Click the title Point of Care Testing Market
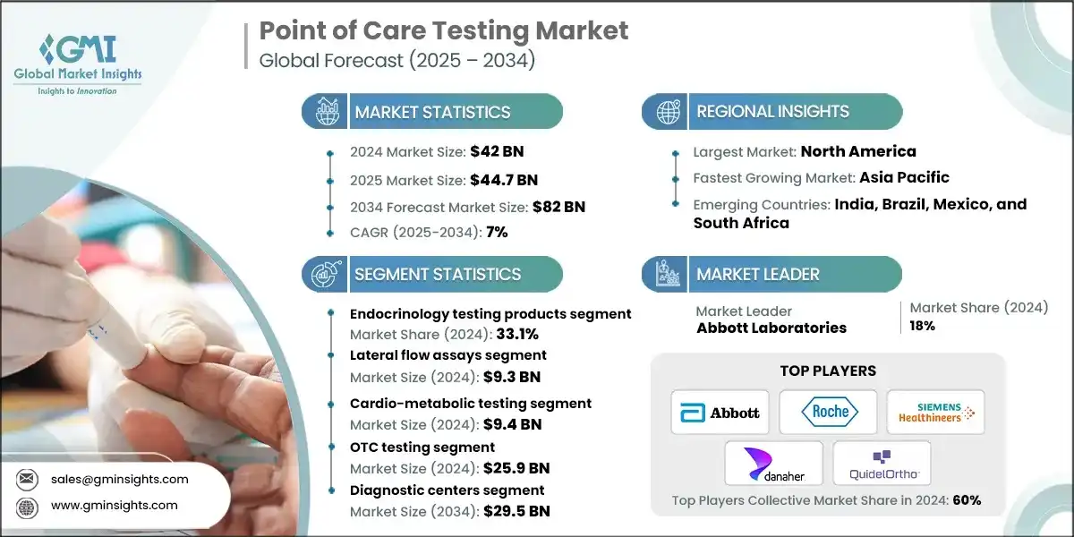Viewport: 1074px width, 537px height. click(443, 30)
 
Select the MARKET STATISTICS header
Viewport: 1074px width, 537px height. click(432, 112)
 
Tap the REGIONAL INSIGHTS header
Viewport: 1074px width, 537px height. click(772, 112)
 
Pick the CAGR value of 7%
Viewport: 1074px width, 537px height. click(496, 232)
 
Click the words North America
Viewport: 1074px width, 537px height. click(857, 151)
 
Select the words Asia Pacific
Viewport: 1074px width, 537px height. click(904, 177)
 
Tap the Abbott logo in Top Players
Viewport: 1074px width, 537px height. click(720, 413)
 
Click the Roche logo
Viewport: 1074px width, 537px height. click(828, 413)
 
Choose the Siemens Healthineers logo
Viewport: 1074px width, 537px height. click(935, 413)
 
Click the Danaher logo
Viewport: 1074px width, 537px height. click(773, 464)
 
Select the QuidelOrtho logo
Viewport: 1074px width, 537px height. click(882, 464)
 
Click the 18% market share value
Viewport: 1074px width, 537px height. click(923, 326)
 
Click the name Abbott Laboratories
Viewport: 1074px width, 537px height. click(771, 328)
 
